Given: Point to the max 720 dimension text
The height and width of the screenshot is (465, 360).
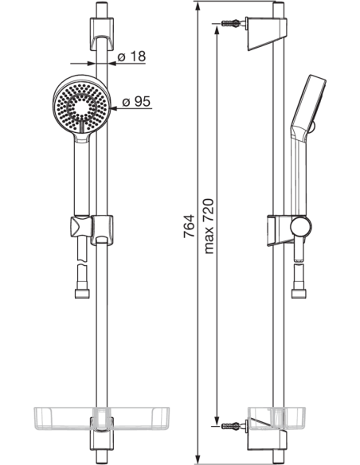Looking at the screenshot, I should (x=209, y=227).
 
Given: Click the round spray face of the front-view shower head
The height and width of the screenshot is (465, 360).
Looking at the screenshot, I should (x=80, y=102).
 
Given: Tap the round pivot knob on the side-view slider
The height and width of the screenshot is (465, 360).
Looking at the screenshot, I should (x=299, y=228).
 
